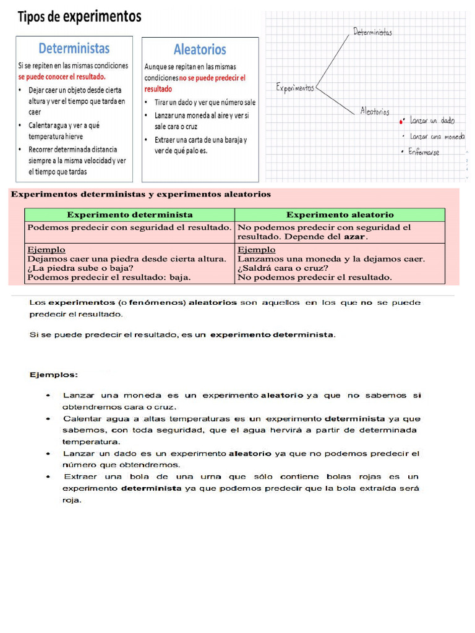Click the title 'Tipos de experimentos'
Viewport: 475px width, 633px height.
[79, 17]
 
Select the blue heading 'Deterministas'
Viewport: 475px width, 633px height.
[74, 48]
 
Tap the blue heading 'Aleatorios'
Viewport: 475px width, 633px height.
[200, 49]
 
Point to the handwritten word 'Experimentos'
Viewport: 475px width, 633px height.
[295, 88]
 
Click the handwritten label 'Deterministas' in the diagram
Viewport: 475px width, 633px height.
[372, 32]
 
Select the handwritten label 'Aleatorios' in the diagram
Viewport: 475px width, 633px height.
[375, 112]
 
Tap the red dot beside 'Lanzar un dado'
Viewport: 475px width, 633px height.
[401, 122]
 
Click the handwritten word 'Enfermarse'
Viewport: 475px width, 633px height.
[424, 152]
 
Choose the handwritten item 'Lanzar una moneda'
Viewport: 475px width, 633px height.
[437, 137]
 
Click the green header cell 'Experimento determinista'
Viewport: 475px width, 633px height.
[129, 215]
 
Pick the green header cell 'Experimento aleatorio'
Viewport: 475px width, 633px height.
[340, 215]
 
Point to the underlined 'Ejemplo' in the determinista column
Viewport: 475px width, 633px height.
[46, 250]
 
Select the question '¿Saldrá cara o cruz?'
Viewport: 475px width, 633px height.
[283, 268]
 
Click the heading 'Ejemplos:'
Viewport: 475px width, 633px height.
[54, 375]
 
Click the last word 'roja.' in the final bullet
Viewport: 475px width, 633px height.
[72, 501]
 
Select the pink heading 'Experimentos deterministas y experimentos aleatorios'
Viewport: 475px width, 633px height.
[141, 194]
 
